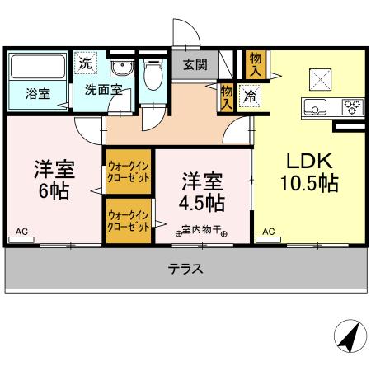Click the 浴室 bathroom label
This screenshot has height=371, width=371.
(37, 93)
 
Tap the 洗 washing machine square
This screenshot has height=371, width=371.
(86, 63)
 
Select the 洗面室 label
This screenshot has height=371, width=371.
(103, 90)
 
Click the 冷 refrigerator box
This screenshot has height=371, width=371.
(247, 95)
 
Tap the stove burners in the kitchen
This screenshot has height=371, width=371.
(351, 106)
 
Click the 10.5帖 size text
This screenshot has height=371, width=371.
(309, 184)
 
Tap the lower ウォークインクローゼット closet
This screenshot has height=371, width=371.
(128, 220)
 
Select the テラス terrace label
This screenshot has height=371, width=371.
(185, 268)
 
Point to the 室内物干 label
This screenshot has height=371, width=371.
(202, 230)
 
